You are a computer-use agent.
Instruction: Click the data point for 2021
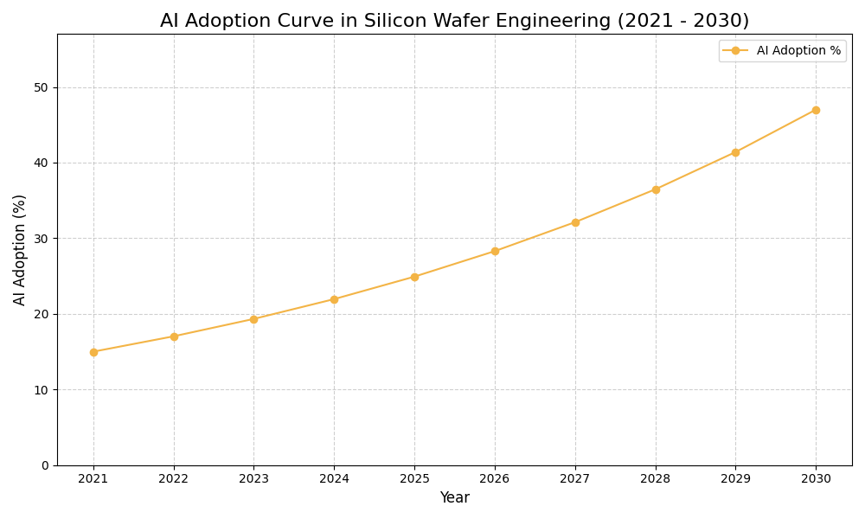[x=93, y=352]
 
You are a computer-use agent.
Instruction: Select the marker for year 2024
[x=334, y=299]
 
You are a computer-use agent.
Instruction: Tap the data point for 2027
[x=575, y=222]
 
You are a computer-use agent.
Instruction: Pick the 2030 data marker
[x=816, y=110]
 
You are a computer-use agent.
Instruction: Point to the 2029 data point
[x=735, y=152]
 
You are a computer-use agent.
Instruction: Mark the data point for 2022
[x=174, y=336]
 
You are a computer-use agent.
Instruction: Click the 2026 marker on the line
[x=495, y=251]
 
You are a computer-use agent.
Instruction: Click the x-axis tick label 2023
[x=253, y=479]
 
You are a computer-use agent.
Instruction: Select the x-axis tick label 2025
[x=414, y=479]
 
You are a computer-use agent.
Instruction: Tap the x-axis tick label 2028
[x=656, y=479]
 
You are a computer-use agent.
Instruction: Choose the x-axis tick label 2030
[x=816, y=479]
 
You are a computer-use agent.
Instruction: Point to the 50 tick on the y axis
[x=42, y=87]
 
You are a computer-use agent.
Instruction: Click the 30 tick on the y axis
[x=42, y=239]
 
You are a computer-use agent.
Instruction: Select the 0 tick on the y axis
[x=45, y=465]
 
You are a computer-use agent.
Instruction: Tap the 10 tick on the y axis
[x=42, y=390]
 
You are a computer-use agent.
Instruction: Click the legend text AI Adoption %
[x=798, y=51]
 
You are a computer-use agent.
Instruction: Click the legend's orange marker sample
[x=735, y=51]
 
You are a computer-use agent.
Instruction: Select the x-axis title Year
[x=454, y=498]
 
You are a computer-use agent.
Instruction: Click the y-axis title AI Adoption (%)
[x=20, y=249]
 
